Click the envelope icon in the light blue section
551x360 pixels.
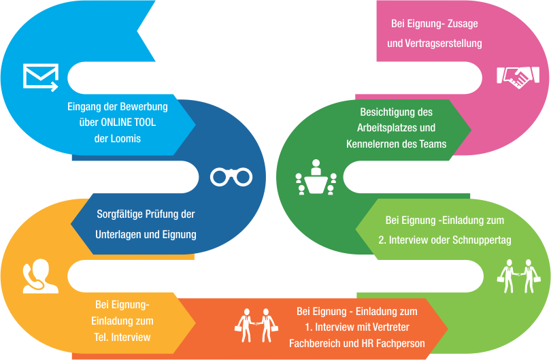41,78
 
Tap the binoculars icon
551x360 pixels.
231,177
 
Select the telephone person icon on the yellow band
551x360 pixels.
40,276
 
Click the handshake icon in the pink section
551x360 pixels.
518,78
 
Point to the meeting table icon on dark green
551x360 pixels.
316,177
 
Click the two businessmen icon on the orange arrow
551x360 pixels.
256,325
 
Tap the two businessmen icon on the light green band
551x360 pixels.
518,276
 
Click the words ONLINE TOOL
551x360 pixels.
129,122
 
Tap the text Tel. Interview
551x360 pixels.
122,337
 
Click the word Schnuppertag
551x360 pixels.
482,240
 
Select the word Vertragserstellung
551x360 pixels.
444,44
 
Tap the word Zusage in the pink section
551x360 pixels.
463,24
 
